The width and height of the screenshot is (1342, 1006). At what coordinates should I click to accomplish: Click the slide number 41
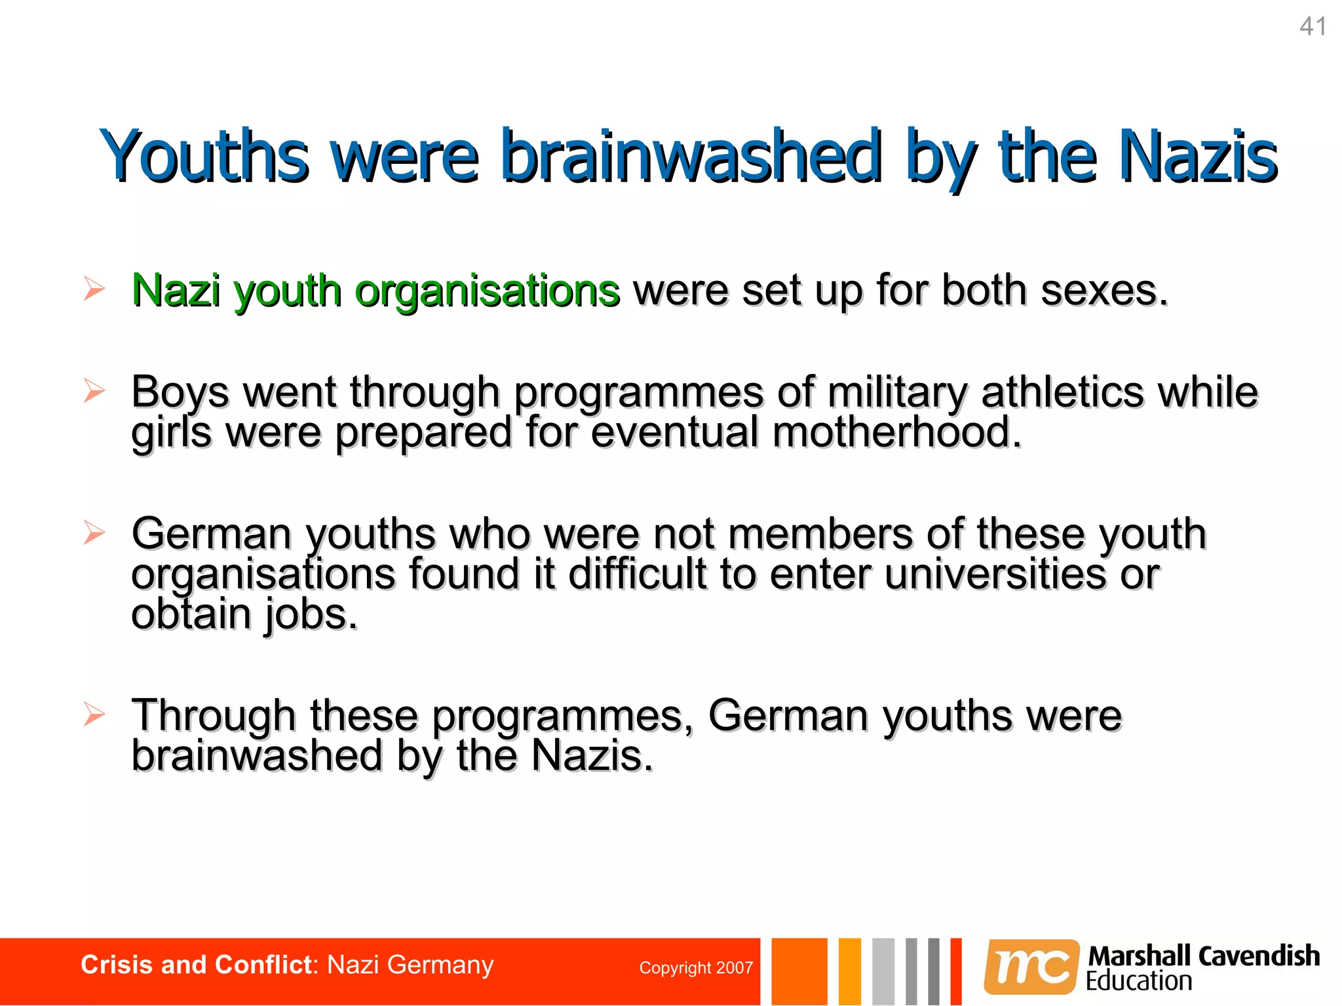coord(1313,27)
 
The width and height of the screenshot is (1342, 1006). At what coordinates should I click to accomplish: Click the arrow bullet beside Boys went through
coord(94,391)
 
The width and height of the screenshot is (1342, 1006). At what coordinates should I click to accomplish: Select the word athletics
coord(1062,392)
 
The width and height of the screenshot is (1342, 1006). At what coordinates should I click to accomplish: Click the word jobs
coord(311,616)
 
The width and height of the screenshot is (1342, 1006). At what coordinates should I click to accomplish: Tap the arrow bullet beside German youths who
coord(94,532)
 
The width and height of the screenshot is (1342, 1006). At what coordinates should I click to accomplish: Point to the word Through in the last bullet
coord(214,716)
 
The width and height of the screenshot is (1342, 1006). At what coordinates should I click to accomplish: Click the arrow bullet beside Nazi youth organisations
coord(94,289)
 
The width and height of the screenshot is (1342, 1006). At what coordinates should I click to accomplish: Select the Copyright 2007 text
coord(696,967)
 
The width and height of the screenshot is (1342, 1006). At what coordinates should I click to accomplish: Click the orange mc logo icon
coord(1031,967)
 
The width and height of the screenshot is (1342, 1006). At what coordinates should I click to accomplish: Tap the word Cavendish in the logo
coord(1259,956)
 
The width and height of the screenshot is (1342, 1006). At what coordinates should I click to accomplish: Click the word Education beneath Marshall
coord(1139,982)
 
